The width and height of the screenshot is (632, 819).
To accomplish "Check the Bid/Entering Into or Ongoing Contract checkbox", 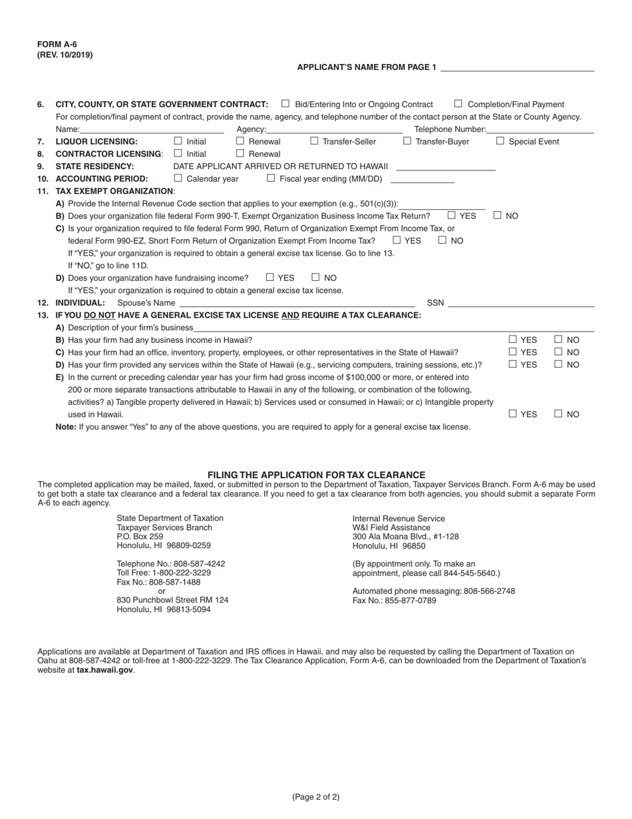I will (x=285, y=104).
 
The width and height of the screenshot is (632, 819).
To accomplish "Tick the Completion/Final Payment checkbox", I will (x=458, y=104).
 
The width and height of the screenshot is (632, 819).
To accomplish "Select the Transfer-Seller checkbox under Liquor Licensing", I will (x=315, y=141).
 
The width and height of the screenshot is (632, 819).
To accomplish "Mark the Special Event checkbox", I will (x=500, y=141).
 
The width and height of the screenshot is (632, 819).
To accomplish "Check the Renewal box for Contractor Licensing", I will (x=240, y=154).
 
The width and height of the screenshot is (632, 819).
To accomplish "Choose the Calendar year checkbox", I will (x=178, y=178).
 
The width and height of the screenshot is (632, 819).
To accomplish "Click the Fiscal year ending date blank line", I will (x=422, y=179).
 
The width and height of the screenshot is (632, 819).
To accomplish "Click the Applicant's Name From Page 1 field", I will (x=517, y=67).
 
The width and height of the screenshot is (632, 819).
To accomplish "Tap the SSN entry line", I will (x=521, y=303).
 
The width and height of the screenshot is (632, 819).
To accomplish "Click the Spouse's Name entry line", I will (x=297, y=303).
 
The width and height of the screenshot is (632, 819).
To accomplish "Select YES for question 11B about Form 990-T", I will (x=452, y=216).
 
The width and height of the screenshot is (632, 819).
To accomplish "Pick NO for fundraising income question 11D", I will (x=316, y=278).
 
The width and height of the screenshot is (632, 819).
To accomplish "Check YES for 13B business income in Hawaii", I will (x=513, y=340).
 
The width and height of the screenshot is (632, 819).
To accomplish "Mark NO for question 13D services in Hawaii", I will (x=559, y=364).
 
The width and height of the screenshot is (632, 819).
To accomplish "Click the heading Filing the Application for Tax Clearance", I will (x=316, y=475).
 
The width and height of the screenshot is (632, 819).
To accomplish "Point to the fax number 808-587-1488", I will (x=158, y=582).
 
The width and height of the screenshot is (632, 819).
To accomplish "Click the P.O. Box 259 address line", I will (x=140, y=536).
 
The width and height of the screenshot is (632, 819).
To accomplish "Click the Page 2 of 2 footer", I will (x=316, y=797).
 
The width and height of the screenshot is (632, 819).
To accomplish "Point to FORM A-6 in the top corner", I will (x=57, y=45).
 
